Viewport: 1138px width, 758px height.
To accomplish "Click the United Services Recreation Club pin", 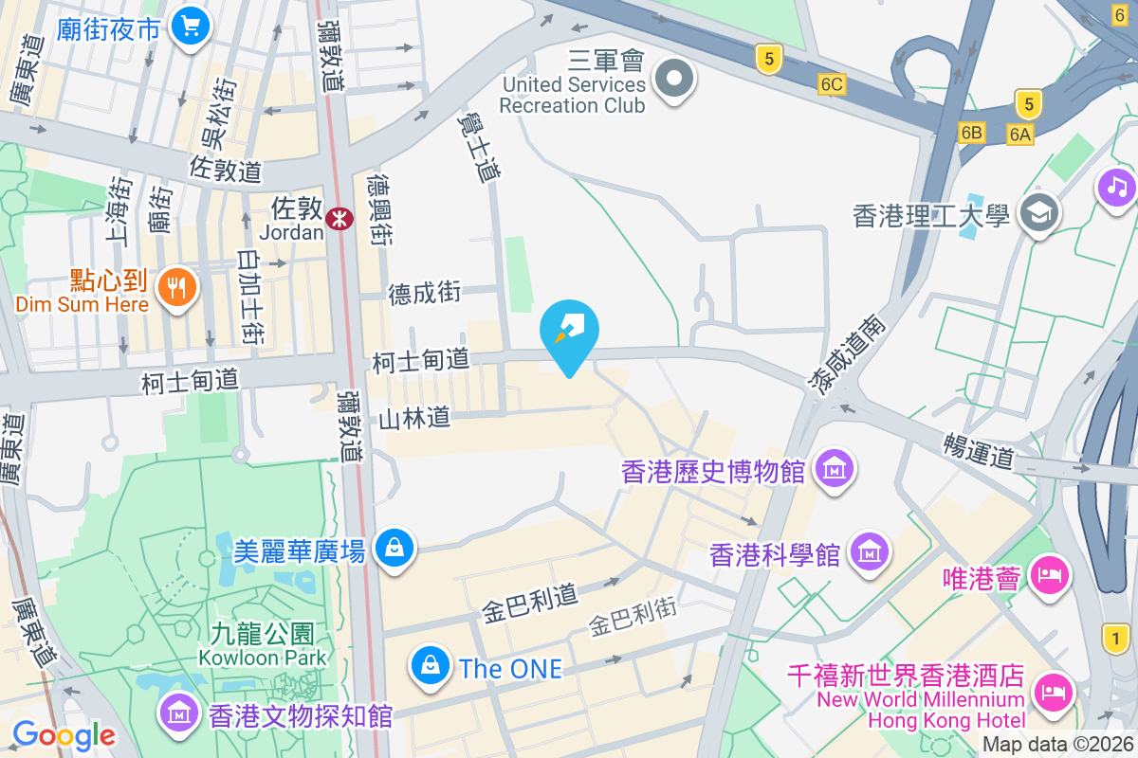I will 674,78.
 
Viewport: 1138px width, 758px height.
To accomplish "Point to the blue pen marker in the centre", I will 569,332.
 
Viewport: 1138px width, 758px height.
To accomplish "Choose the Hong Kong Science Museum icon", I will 869,550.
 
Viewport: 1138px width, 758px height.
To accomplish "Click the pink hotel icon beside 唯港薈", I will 1049,575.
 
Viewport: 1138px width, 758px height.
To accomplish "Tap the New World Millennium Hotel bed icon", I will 1053,690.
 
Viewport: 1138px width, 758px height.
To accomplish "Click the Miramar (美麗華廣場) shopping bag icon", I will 393,548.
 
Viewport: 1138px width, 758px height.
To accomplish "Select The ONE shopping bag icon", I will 431,666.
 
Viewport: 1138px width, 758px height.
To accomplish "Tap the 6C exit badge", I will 832,85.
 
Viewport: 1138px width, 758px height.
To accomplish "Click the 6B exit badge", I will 971,133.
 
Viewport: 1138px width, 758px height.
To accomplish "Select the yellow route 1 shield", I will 1116,638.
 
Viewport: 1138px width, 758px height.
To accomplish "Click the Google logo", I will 64,734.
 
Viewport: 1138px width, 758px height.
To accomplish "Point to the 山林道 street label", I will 414,418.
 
